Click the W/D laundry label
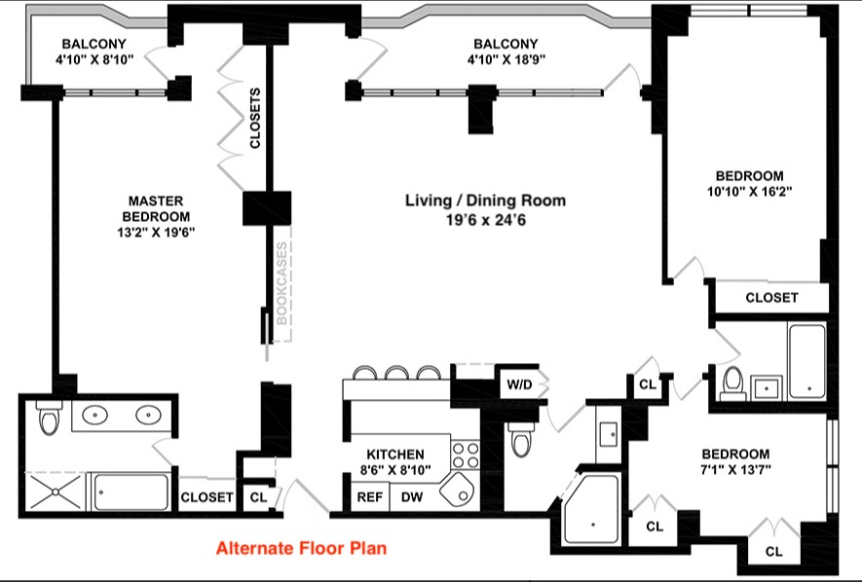pos(519,384)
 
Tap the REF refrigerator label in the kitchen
pos(370,497)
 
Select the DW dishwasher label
pos(412,497)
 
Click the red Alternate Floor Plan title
pos(301,548)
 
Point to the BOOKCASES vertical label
pos(281,283)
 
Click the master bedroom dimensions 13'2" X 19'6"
pos(157,233)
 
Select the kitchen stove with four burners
pos(465,455)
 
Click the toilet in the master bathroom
pos(49,417)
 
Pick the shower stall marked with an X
pos(55,492)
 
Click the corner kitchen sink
pos(456,490)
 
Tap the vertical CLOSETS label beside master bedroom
pos(254,118)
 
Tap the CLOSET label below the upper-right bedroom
pos(771,298)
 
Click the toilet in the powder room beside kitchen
pos(520,439)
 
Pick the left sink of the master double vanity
pos(95,415)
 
